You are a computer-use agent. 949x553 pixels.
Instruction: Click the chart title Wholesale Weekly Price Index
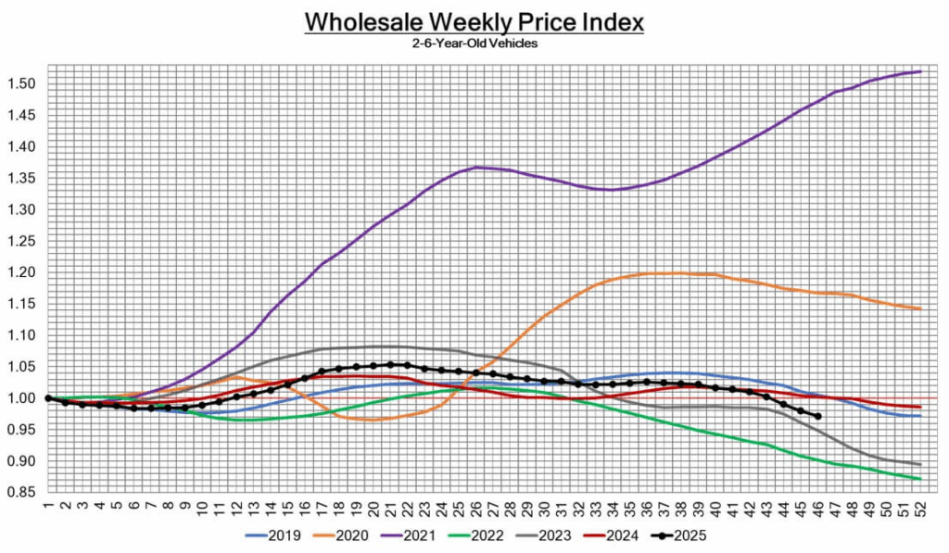(x=474, y=21)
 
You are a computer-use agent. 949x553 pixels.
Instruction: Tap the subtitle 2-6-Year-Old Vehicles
(x=474, y=44)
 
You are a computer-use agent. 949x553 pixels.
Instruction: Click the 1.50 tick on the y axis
(x=21, y=84)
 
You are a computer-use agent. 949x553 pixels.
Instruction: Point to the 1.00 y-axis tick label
(x=21, y=398)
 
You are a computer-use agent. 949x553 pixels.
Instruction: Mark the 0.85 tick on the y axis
(x=21, y=493)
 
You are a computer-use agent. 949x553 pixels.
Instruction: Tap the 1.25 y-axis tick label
(x=21, y=241)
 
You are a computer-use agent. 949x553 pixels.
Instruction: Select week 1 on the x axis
(x=47, y=509)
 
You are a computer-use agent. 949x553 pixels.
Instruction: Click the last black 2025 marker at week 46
(x=816, y=416)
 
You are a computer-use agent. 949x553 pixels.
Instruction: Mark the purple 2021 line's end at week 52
(x=918, y=71)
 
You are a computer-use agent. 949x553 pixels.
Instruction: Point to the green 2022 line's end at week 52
(x=918, y=479)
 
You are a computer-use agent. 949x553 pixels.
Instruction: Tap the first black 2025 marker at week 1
(x=47, y=398)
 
